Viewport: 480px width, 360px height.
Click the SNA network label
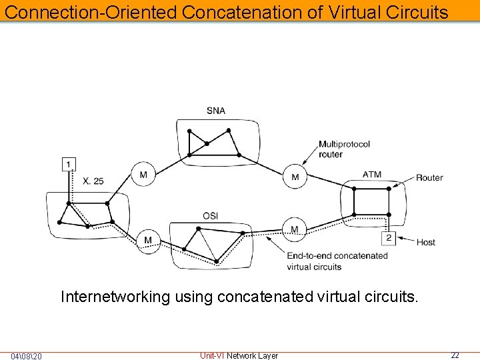point(216,111)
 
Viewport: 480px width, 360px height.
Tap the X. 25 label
point(93,181)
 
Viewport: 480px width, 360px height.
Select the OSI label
point(211,215)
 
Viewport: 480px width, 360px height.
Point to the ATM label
point(372,175)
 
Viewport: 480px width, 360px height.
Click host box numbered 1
point(69,163)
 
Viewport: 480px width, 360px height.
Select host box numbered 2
point(389,238)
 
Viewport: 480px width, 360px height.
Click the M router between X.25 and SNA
point(143,175)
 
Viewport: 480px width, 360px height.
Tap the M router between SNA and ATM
point(295,177)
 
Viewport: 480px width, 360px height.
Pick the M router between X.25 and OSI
point(148,240)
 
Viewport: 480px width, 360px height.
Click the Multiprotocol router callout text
point(344,149)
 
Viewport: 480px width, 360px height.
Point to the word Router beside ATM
point(429,177)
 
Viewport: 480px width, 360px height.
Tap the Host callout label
point(426,242)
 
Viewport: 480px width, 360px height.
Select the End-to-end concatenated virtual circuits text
point(337,261)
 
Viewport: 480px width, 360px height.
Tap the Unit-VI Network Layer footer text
point(239,355)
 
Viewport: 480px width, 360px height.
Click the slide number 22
point(455,355)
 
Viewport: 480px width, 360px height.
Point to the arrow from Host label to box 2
point(405,241)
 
